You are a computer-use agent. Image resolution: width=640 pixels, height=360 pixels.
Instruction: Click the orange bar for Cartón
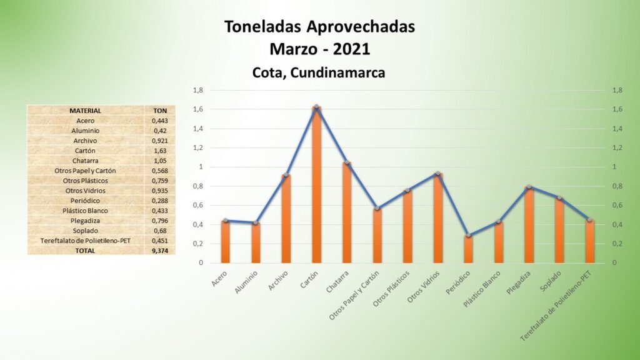coord(317,184)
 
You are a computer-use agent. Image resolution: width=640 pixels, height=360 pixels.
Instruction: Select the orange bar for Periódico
coord(469,249)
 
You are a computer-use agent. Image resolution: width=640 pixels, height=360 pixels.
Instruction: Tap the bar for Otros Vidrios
coord(438,218)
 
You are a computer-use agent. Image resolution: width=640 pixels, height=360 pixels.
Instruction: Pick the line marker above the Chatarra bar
coord(347,162)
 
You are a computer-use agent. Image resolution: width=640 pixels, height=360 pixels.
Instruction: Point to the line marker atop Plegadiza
coord(529,187)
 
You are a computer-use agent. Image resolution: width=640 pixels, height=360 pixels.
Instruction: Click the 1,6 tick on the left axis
coord(198,109)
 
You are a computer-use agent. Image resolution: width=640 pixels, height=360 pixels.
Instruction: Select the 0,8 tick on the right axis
coord(617,186)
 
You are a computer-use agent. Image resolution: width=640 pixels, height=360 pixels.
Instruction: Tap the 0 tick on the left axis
coord(201,263)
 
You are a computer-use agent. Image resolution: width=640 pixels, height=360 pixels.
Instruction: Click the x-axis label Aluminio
coord(246,282)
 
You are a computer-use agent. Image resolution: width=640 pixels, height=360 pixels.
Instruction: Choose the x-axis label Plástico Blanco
coord(482,289)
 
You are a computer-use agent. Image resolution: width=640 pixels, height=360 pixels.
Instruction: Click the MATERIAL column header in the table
coord(85,111)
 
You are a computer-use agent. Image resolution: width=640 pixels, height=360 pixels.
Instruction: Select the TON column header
coord(160,111)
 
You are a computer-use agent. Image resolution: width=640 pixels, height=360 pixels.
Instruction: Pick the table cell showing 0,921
coord(160,141)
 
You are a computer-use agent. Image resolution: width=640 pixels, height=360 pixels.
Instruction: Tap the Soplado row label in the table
coord(85,231)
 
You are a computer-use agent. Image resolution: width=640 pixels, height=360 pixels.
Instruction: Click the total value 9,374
coord(160,251)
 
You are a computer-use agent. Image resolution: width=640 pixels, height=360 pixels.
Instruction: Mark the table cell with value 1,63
coord(160,151)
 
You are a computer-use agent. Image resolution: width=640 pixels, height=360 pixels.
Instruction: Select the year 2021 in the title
coord(351,49)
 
